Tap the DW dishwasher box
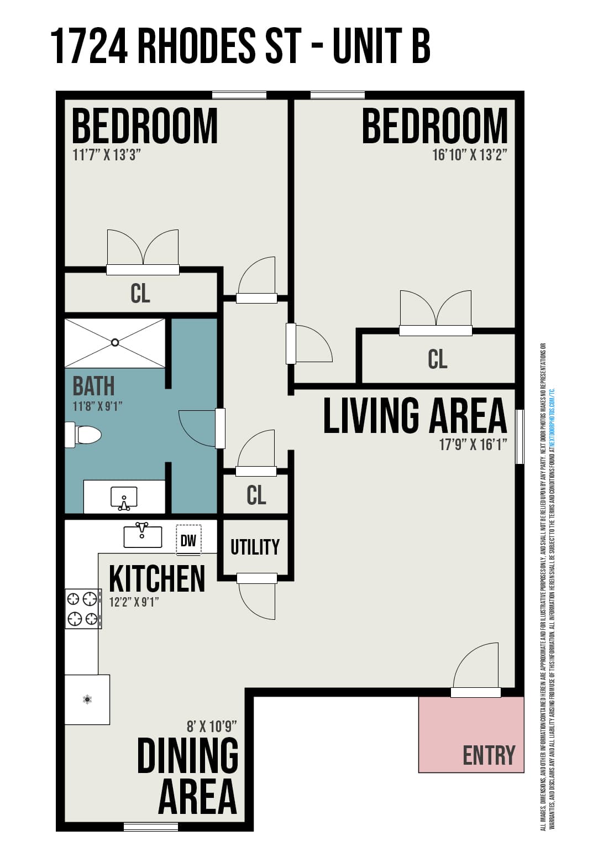pos(188,540)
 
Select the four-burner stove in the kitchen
pos(83,608)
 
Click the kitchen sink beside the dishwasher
pos(143,535)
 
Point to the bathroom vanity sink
pos(124,498)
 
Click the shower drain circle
pos(115,342)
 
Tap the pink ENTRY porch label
pos(489,755)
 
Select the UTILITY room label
pos(255,547)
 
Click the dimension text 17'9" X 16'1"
pos(473,444)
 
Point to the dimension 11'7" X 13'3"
pos(107,154)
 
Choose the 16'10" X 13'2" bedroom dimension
pos(469,154)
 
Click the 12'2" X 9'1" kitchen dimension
pos(134,602)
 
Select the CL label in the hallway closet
pos(256,495)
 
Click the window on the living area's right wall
pos(519,436)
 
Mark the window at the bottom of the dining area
pos(151,827)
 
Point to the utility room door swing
pos(257,600)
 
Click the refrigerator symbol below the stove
pos(87,699)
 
